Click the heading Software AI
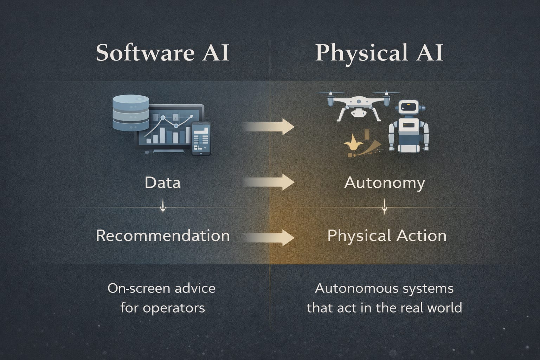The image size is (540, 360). [162, 53]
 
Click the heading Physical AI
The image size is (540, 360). [379, 53]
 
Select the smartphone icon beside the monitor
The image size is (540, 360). [201, 139]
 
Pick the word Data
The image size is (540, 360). [162, 183]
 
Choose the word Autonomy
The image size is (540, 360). [385, 183]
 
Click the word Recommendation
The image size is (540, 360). [163, 235]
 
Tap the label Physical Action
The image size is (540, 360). [387, 235]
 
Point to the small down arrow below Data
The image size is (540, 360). [163, 207]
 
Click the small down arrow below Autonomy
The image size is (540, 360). [384, 207]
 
